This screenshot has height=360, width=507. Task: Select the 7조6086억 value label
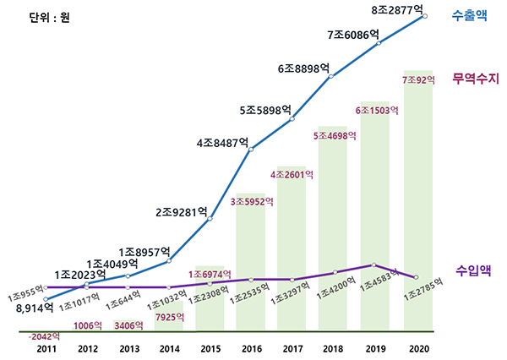352,35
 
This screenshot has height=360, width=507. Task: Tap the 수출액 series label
470,14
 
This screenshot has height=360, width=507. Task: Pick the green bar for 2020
420,203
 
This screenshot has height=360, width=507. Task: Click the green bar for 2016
251,262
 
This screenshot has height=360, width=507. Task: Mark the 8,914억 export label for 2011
35,309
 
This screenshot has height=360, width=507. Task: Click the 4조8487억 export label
222,143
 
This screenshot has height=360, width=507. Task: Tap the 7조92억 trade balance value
419,80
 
